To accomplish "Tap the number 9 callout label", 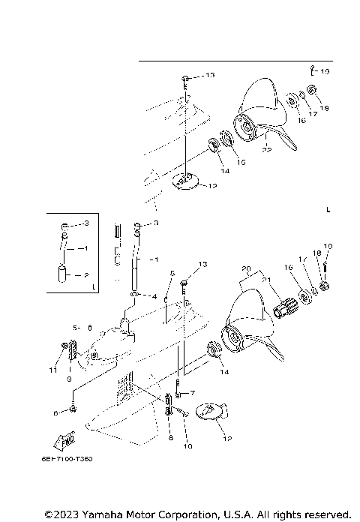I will [68, 379].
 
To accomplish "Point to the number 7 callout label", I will [192, 393].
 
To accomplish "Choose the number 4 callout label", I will [154, 296].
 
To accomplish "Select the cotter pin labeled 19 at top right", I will [311, 71].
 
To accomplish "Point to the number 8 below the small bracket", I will [170, 436].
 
